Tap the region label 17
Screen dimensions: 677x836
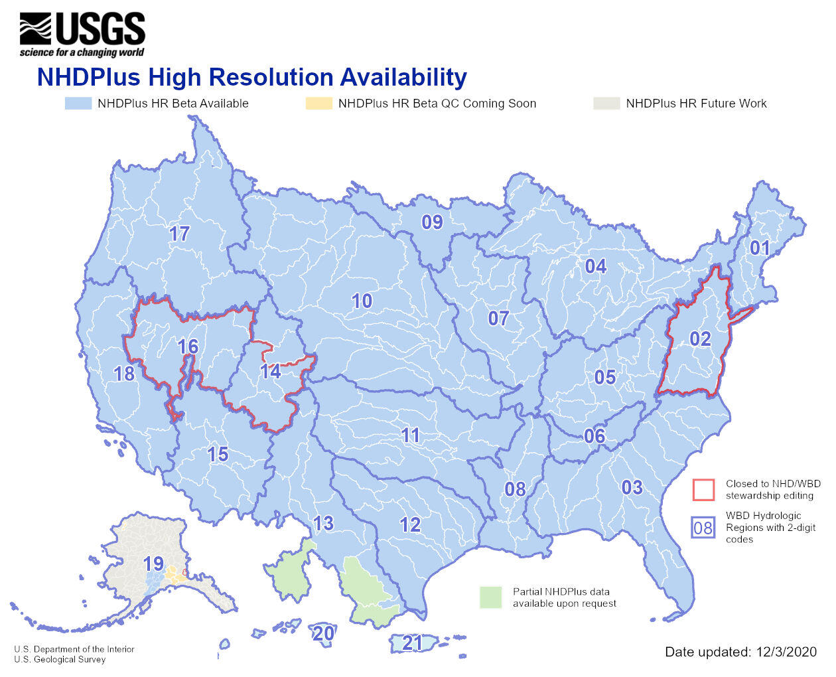pos(179,234)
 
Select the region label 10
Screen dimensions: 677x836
pos(362,301)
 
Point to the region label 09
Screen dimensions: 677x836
pos(432,222)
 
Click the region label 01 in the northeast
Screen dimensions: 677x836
pos(760,248)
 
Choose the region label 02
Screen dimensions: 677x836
pos(700,339)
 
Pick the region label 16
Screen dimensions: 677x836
pos(188,346)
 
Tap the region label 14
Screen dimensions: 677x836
pos(270,371)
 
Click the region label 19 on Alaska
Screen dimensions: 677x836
pos(153,564)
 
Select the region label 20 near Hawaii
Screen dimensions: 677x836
pos(323,633)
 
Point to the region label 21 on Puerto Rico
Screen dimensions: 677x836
pos(412,642)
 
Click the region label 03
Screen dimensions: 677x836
pos(632,488)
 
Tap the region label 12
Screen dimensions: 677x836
pos(410,525)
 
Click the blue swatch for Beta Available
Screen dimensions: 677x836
pos(78,104)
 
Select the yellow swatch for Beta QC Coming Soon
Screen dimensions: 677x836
pos(318,104)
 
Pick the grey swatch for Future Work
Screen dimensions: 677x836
pos(606,104)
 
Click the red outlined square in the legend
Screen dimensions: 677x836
pos(703,490)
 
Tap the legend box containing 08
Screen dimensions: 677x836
pos(703,528)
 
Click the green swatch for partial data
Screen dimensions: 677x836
pos(491,597)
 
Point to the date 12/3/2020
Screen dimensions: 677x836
pos(786,652)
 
